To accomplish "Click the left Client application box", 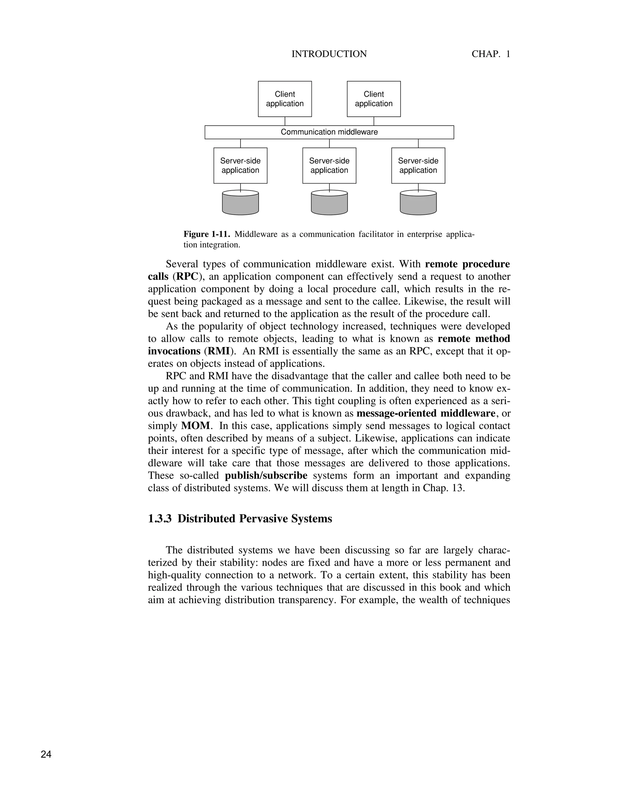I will pyautogui.click(x=285, y=99).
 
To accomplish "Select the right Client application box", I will pyautogui.click(x=374, y=99).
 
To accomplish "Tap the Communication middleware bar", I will pyautogui.click(x=329, y=132).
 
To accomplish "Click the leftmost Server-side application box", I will pyautogui.click(x=241, y=166).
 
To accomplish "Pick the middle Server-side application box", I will pyautogui.click(x=329, y=166).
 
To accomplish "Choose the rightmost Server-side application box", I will pyautogui.click(x=418, y=166).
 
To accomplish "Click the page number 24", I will pyautogui.click(x=46, y=754).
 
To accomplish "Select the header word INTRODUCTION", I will pyautogui.click(x=329, y=54).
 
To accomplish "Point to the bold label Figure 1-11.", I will pyautogui.click(x=207, y=234).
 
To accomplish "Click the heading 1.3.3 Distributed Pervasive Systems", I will pyautogui.click(x=240, y=519).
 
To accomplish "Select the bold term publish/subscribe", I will pyautogui.click(x=266, y=476).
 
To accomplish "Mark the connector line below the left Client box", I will pyautogui.click(x=285, y=121).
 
